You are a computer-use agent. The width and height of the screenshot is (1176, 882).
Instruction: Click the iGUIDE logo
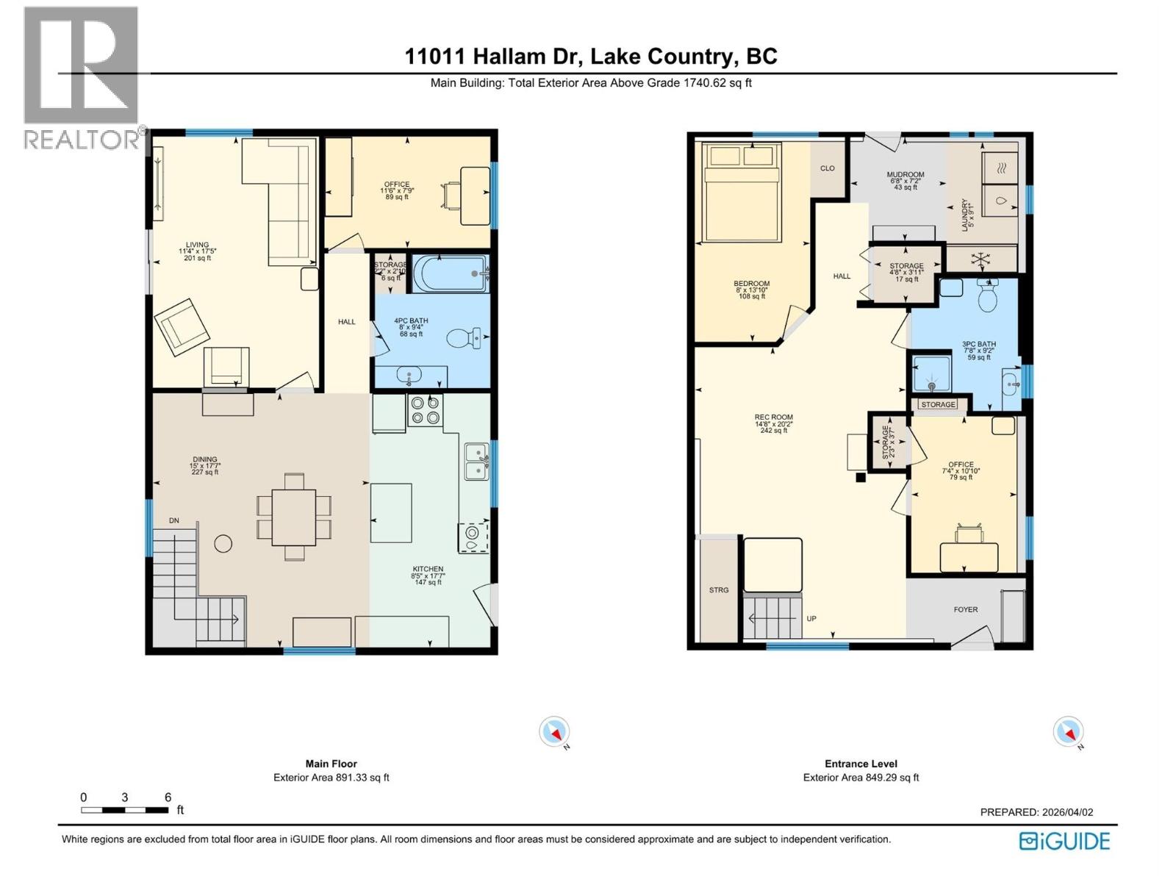[1064, 841]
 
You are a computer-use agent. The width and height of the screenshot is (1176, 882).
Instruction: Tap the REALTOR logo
[81, 77]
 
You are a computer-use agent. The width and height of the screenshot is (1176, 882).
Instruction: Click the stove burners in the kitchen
[425, 409]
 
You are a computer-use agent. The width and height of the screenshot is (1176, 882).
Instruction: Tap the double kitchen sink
[476, 462]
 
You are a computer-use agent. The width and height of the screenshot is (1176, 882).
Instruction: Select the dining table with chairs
[293, 517]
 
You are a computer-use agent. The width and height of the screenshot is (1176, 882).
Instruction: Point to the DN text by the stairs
[174, 520]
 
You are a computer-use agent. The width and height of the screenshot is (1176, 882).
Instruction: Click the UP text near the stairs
[811, 618]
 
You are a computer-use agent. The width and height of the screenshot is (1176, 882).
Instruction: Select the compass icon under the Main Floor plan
[554, 732]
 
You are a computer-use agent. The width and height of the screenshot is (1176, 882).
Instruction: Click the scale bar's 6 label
[168, 797]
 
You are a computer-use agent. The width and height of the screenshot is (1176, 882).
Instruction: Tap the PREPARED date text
[1036, 812]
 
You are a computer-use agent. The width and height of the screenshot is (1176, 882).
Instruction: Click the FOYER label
[965, 609]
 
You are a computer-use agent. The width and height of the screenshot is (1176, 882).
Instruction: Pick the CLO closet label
[827, 168]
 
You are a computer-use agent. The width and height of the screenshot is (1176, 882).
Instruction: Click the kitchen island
[390, 512]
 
